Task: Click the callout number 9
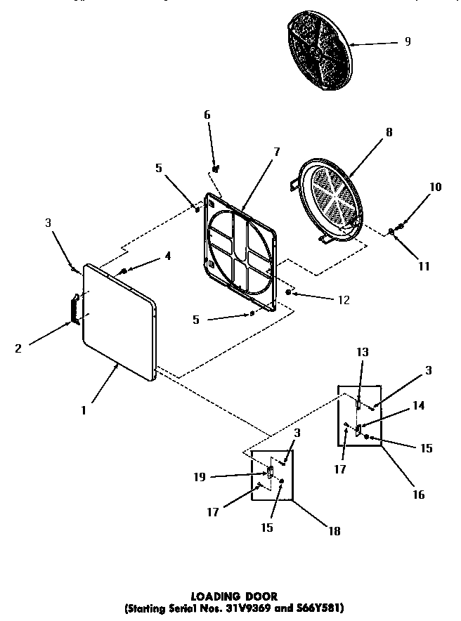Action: [x=407, y=41]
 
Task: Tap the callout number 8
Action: [x=389, y=131]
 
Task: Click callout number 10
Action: [x=436, y=187]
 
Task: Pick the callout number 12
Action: [x=344, y=300]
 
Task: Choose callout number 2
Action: [x=19, y=347]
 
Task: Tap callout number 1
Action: [x=83, y=411]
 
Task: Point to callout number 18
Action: [x=335, y=532]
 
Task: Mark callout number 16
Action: [x=419, y=495]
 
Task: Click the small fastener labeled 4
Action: [x=124, y=271]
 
